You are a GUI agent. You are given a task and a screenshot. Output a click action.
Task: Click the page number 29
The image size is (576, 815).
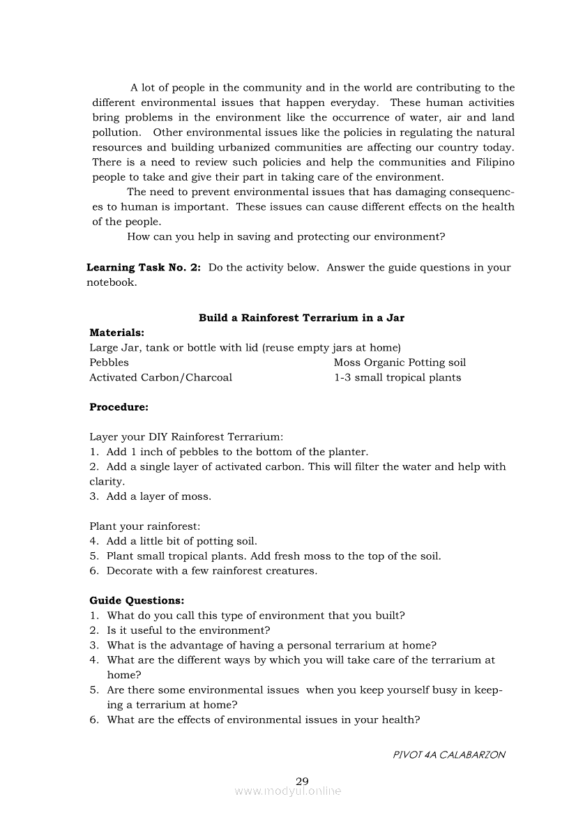(302, 781)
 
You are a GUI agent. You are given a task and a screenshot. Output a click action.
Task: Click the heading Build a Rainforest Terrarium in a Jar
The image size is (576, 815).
(301, 318)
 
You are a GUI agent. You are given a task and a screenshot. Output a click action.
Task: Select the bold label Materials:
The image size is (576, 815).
(116, 333)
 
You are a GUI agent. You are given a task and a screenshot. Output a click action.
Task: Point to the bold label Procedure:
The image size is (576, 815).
(119, 407)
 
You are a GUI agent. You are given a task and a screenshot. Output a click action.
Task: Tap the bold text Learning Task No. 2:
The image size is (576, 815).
(144, 268)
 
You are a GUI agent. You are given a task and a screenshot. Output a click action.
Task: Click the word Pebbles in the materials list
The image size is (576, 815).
(109, 363)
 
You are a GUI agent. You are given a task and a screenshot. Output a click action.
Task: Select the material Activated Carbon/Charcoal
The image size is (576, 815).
(160, 378)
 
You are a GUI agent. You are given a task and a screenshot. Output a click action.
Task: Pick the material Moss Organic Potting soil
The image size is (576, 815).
(400, 363)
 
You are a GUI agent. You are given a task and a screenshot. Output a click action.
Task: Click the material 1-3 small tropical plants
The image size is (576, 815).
(397, 378)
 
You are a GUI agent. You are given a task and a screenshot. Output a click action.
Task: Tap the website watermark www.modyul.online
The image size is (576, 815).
(288, 791)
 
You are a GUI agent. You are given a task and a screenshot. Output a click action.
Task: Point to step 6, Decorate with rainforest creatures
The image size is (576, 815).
(204, 571)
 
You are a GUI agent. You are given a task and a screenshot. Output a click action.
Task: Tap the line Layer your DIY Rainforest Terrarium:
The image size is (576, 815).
(186, 437)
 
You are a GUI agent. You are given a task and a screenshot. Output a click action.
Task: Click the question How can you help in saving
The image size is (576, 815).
(286, 237)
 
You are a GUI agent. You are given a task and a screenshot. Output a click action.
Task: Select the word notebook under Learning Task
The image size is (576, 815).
(111, 283)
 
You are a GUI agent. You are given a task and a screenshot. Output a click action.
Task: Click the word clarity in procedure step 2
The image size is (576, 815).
(107, 482)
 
